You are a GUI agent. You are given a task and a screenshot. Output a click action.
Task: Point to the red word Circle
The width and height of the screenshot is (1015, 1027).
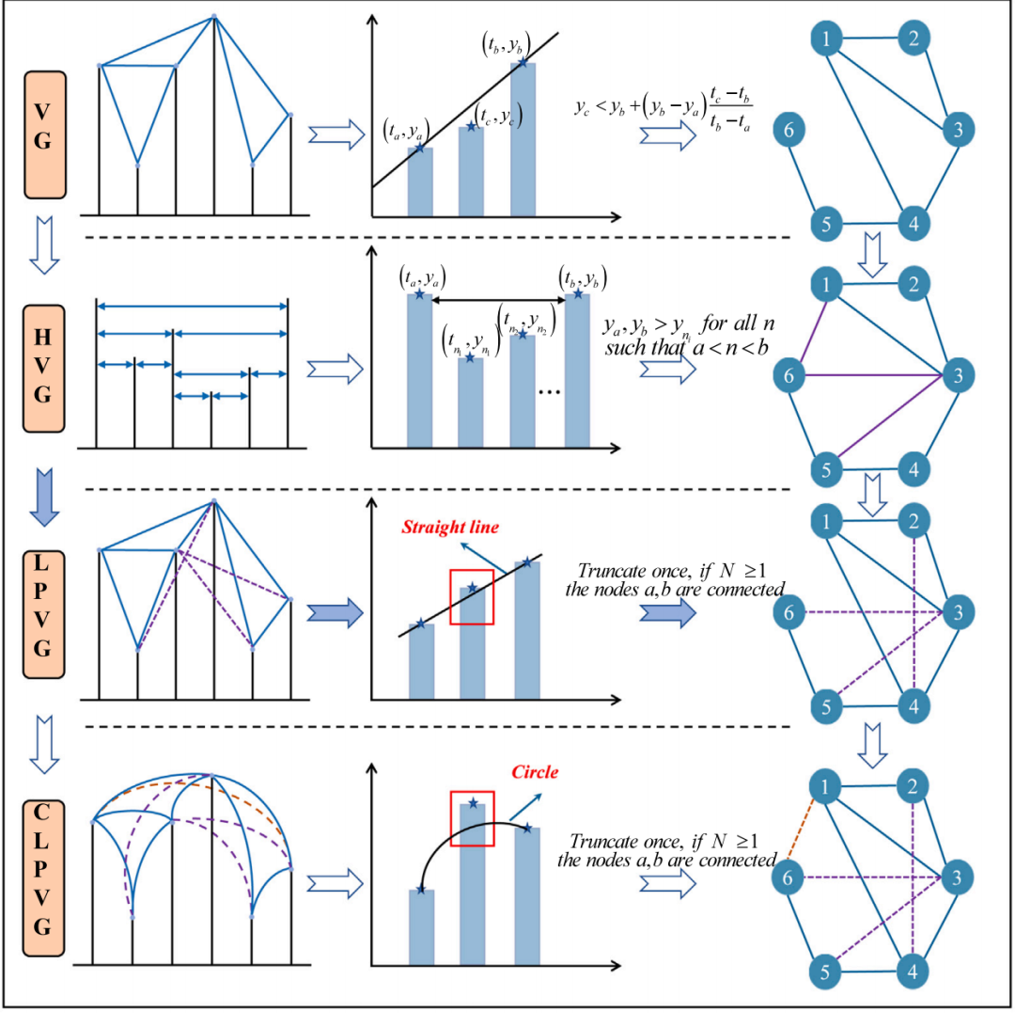(535, 772)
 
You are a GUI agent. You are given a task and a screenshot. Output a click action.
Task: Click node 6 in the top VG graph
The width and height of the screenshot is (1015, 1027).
(791, 130)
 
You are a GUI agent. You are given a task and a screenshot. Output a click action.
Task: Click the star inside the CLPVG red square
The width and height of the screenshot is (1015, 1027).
(473, 803)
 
